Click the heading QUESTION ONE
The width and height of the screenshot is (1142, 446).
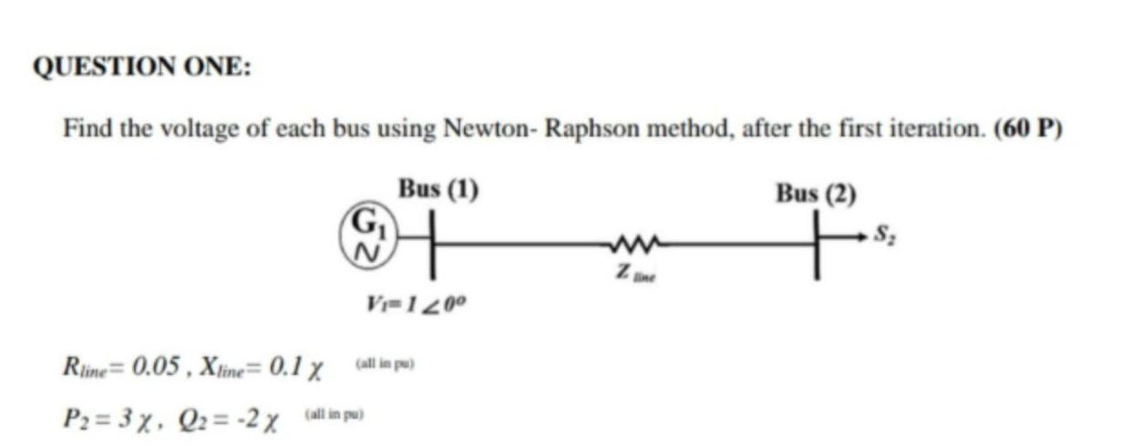click(143, 68)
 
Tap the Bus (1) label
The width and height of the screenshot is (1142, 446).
click(439, 190)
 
